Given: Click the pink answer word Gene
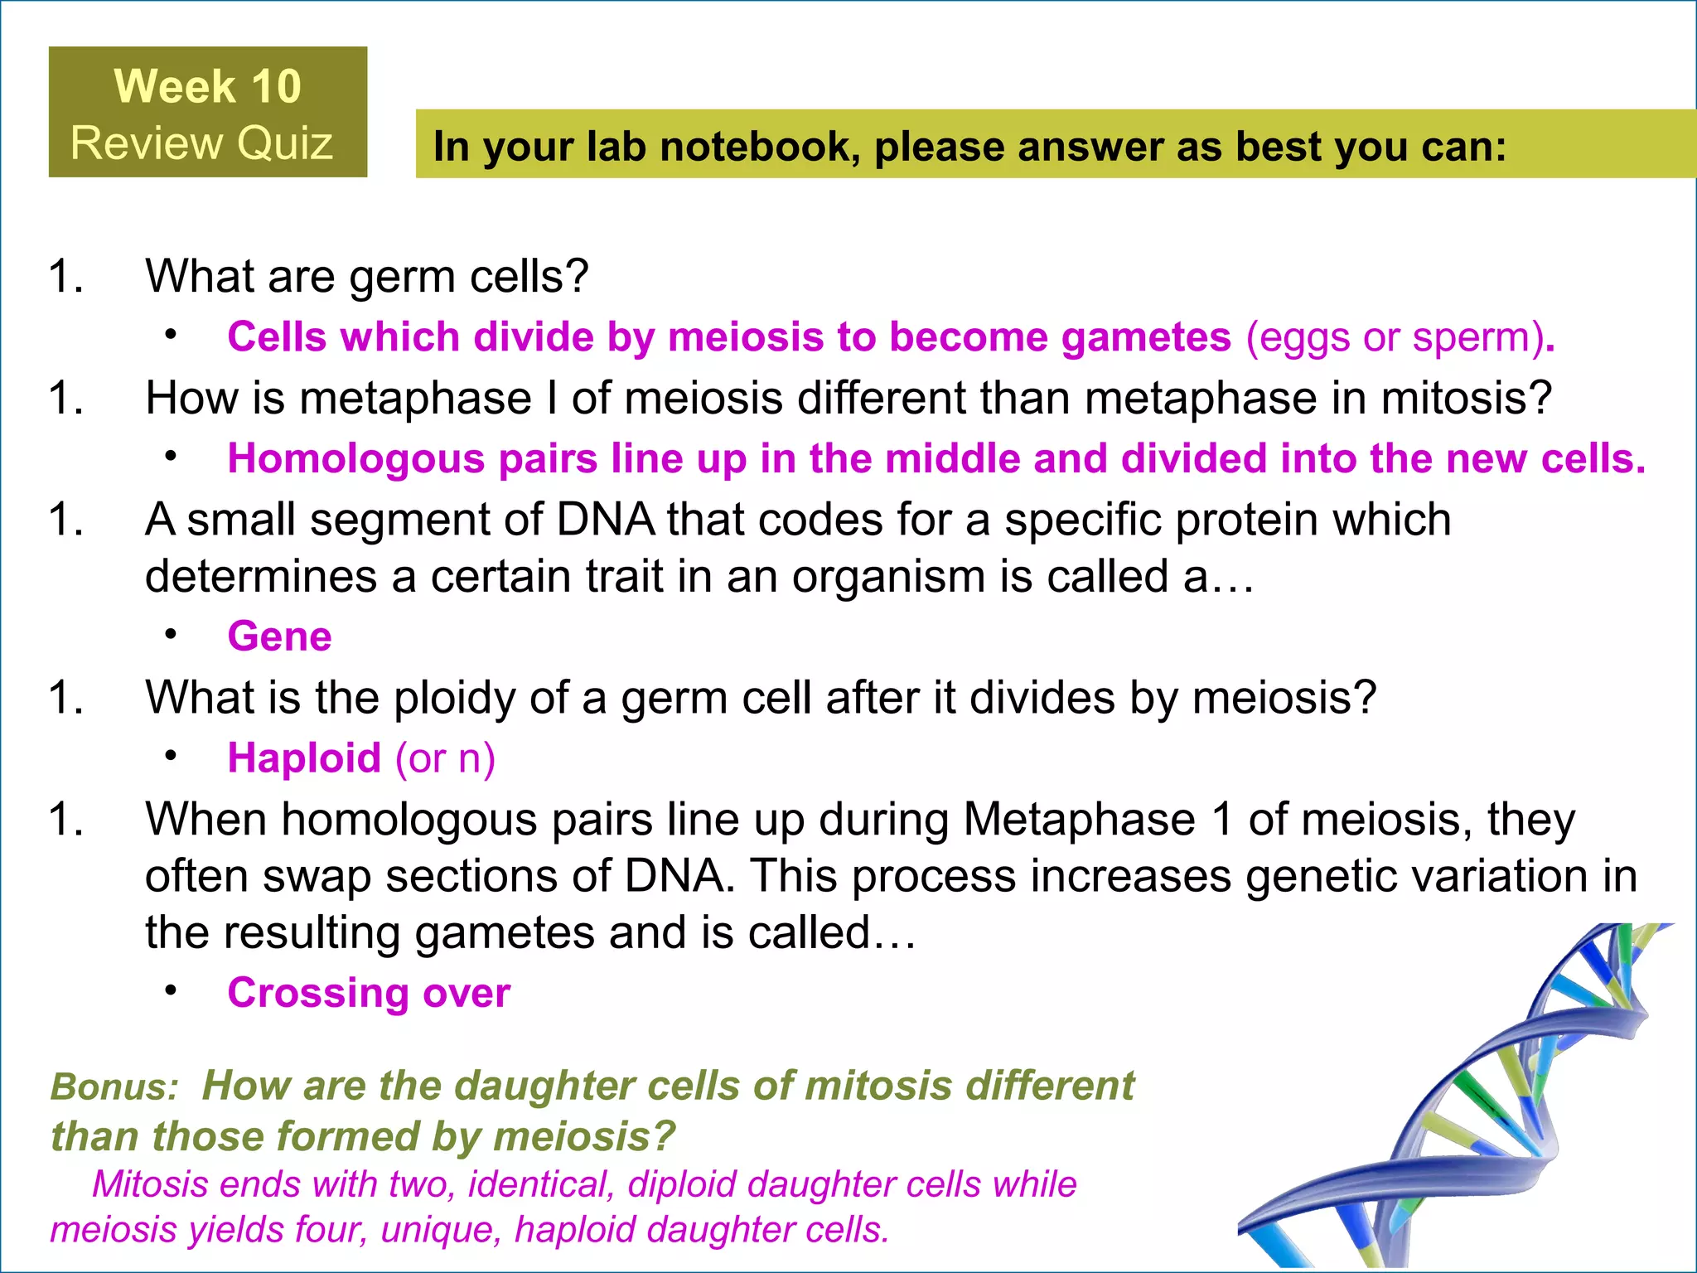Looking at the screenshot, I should click(279, 636).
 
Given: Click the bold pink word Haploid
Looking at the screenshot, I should click(304, 758).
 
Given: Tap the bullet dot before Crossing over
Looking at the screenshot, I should click(171, 990).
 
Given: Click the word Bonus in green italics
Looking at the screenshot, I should click(114, 1087).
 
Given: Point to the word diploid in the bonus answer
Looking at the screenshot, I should click(682, 1184).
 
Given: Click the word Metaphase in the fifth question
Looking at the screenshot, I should click(1079, 820).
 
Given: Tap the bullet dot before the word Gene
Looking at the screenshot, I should click(171, 634).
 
